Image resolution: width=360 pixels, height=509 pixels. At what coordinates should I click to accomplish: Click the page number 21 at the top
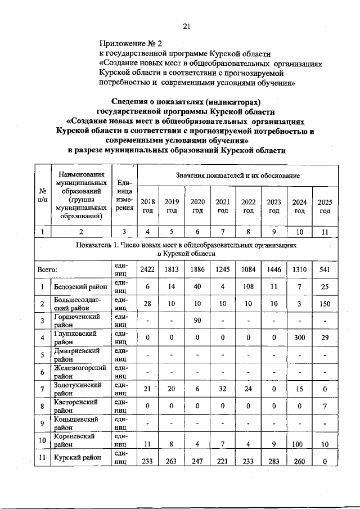[x=187, y=25]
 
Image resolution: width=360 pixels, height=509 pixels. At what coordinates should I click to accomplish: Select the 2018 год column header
[x=147, y=206]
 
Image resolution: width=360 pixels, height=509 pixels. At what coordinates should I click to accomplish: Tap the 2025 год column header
[x=325, y=206]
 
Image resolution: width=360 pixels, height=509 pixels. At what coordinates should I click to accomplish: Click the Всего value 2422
[x=147, y=269]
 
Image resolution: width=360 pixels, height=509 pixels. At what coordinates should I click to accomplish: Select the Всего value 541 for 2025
[x=325, y=269]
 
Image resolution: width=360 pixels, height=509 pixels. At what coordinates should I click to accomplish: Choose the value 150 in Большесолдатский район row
[x=325, y=304]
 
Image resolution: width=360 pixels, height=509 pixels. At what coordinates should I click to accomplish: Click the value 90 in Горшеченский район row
[x=197, y=321]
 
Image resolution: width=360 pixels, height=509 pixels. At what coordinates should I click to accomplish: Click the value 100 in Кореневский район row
[x=299, y=444]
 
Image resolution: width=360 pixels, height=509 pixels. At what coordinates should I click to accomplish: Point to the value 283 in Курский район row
[x=274, y=462]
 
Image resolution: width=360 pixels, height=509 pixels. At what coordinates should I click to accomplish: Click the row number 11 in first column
[x=42, y=458]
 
